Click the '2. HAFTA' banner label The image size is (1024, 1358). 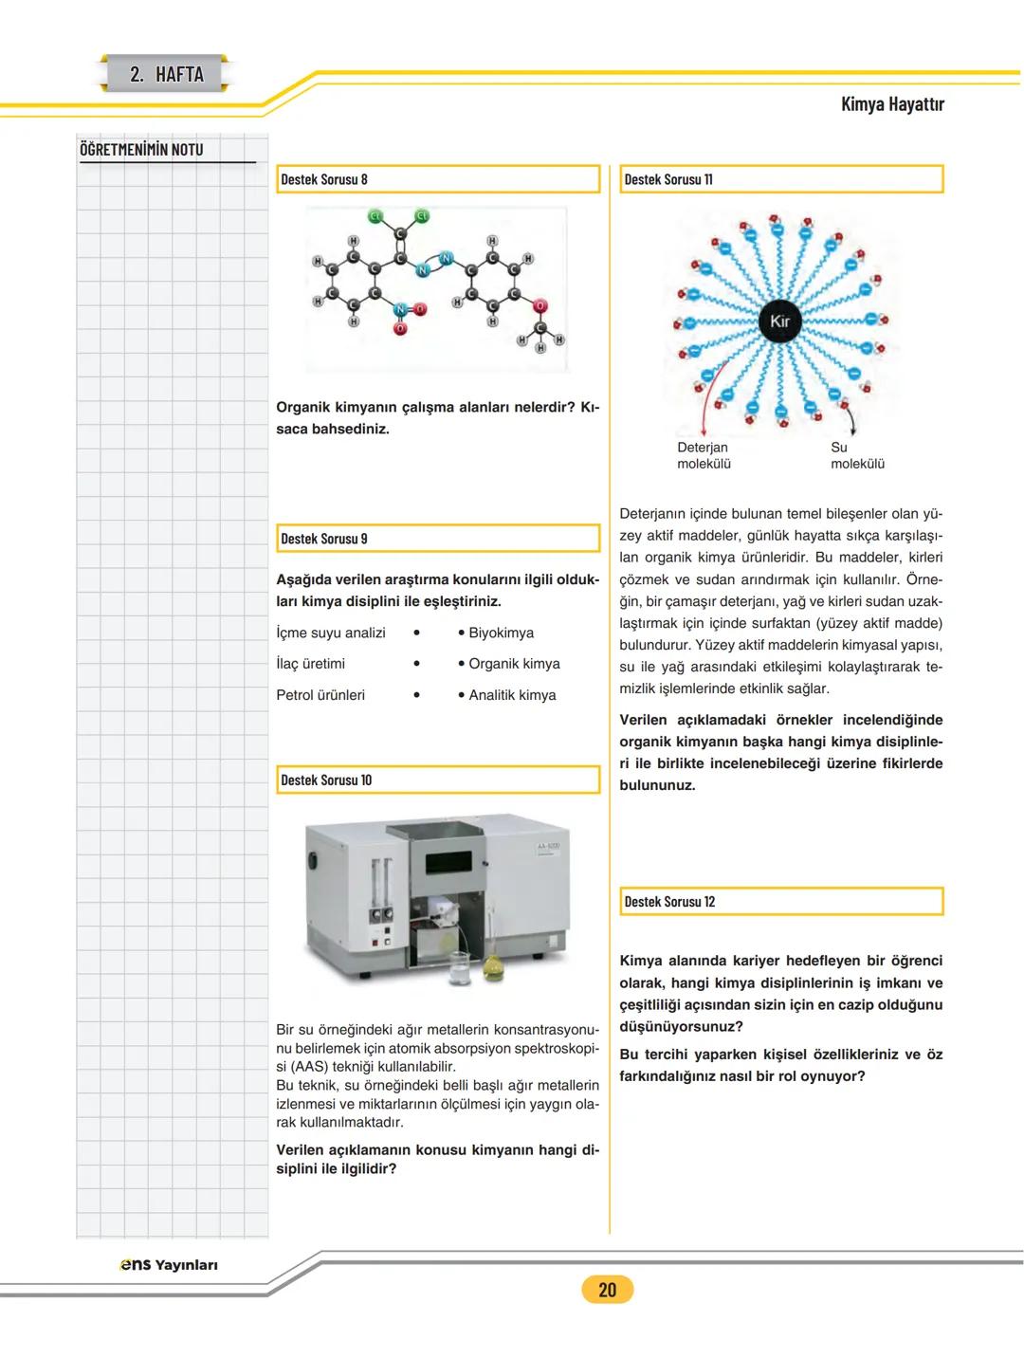coord(166,74)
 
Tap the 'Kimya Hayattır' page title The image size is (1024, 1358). coord(891,103)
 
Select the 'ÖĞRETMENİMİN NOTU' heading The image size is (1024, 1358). coord(141,149)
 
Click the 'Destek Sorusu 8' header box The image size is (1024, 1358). coord(439,179)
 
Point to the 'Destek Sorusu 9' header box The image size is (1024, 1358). coord(439,539)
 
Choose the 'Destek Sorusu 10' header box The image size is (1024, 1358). coord(439,780)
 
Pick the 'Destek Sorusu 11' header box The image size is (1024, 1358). coord(782,179)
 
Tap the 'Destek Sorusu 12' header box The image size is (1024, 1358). coord(782,902)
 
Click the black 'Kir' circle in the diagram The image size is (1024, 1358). coord(779,321)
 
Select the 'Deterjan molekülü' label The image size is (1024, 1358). coord(704,455)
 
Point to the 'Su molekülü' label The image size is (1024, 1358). coord(857,455)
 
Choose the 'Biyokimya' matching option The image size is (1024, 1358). coord(501,633)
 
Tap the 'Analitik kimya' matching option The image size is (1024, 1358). coord(512,695)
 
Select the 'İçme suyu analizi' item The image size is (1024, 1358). coord(331,633)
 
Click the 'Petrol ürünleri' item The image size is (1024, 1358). coord(320,695)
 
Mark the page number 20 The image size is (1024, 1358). coord(607,1289)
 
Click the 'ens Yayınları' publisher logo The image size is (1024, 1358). coord(169,1265)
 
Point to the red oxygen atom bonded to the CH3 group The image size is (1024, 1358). coord(539,306)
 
